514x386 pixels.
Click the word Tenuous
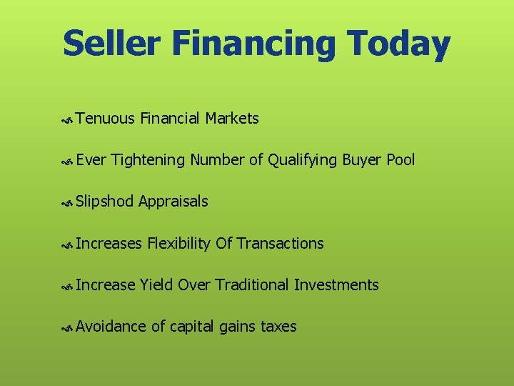(x=105, y=119)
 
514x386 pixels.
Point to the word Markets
(x=232, y=119)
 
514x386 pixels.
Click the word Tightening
(x=148, y=160)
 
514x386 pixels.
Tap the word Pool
(x=400, y=160)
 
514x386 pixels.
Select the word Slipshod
(x=104, y=202)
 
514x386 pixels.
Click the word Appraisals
(x=173, y=202)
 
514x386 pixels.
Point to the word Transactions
(x=280, y=244)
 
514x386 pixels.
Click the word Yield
(x=156, y=285)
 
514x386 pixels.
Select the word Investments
(x=336, y=285)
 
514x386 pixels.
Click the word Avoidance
(x=111, y=327)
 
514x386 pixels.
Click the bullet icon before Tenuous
(x=68, y=120)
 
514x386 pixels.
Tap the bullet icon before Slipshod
(x=68, y=203)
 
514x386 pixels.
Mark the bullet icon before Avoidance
(x=68, y=328)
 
